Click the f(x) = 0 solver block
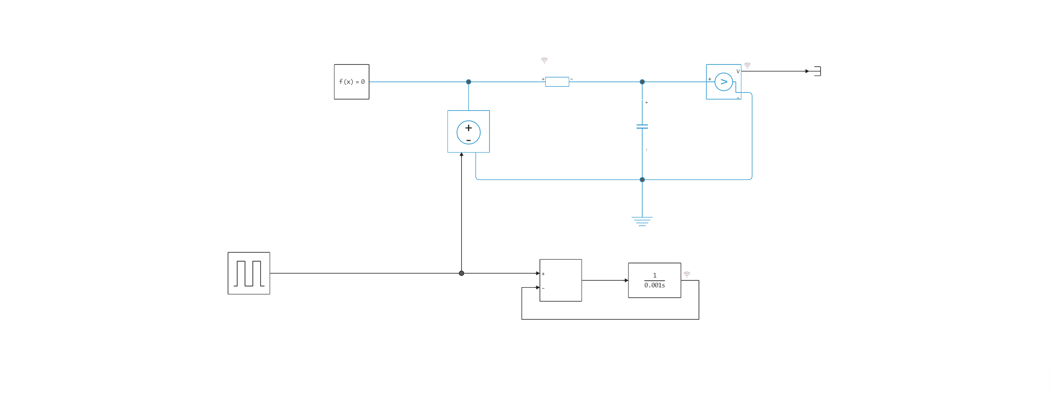(351, 82)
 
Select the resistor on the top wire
(557, 82)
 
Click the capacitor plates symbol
(642, 127)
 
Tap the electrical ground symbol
(642, 222)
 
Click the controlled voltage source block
(468, 132)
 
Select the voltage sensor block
(723, 82)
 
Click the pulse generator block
(249, 273)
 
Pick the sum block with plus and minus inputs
(561, 280)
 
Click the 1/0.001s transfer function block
(654, 280)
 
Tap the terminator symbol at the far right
(817, 71)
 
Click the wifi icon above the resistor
(544, 60)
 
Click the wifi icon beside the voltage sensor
(747, 65)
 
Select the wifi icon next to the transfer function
(687, 275)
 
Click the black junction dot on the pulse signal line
(461, 273)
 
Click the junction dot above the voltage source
(468, 82)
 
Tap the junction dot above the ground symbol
(642, 180)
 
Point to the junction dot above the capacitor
(642, 82)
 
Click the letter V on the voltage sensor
(738, 72)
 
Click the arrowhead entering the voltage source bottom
(461, 155)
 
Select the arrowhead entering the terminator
(807, 71)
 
